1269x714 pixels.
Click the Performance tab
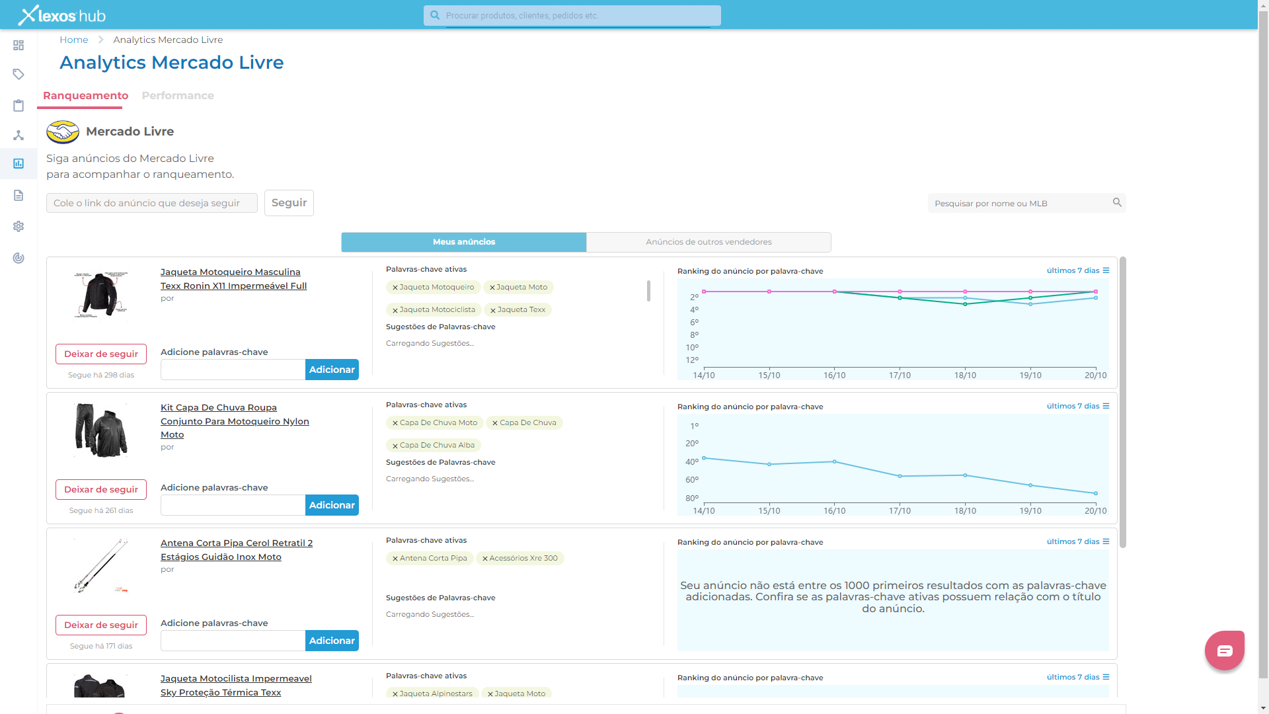177,96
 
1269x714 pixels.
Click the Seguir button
289,203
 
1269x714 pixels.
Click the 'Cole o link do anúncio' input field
152,203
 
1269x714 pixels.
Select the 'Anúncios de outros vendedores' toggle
709,242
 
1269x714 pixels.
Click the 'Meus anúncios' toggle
464,242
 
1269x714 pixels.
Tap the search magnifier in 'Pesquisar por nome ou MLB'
1117,202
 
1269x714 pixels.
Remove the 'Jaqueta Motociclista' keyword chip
395,310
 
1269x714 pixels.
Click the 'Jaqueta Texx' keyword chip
521,309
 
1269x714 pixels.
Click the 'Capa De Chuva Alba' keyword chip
437,445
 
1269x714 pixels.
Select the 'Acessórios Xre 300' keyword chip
523,558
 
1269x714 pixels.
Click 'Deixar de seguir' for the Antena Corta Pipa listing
101,625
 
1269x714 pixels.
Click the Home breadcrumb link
73,40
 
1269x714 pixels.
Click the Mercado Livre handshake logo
63,132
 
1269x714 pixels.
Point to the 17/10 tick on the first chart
900,375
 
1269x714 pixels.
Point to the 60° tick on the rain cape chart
692,480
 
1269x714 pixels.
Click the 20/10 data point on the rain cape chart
1095,493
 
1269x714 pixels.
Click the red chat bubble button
1224,651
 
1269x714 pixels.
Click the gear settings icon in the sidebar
19,226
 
